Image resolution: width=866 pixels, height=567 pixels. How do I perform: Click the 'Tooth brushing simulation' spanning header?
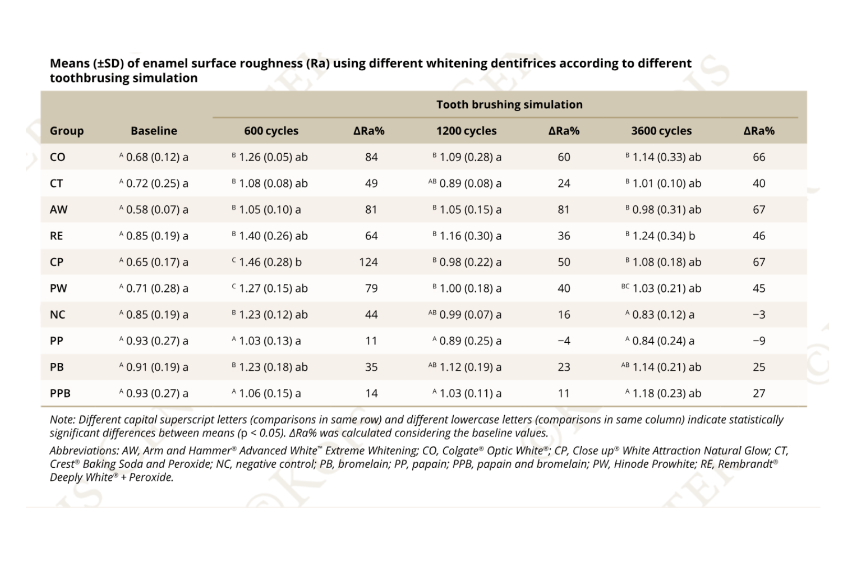point(509,104)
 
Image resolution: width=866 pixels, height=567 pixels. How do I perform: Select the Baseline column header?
point(154,131)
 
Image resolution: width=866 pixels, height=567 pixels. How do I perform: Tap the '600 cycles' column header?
point(271,131)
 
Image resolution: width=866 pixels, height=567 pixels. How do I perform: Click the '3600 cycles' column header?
point(661,131)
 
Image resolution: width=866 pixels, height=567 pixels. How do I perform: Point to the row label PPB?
point(60,393)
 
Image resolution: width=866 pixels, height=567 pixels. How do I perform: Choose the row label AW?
point(58,209)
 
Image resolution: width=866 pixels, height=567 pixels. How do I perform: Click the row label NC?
point(57,314)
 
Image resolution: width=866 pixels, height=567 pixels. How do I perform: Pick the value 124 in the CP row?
point(368,262)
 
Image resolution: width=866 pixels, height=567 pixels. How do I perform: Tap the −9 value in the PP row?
point(758,341)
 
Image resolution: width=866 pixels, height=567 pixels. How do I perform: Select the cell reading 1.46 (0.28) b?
point(270,262)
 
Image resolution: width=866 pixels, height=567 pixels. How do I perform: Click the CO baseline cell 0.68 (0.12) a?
point(156,157)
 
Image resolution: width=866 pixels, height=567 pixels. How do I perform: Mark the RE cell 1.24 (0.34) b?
point(663,236)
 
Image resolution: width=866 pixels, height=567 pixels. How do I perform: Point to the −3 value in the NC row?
point(758,314)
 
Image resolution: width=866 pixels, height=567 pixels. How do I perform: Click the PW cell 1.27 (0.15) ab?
point(273,288)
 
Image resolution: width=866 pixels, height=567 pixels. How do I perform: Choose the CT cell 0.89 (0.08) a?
point(469,183)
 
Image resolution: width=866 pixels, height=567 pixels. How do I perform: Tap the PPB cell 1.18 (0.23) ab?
point(666,393)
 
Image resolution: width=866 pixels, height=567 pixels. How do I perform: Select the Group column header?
point(67,131)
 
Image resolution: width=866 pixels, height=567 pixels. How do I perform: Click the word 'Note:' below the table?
point(62,419)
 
